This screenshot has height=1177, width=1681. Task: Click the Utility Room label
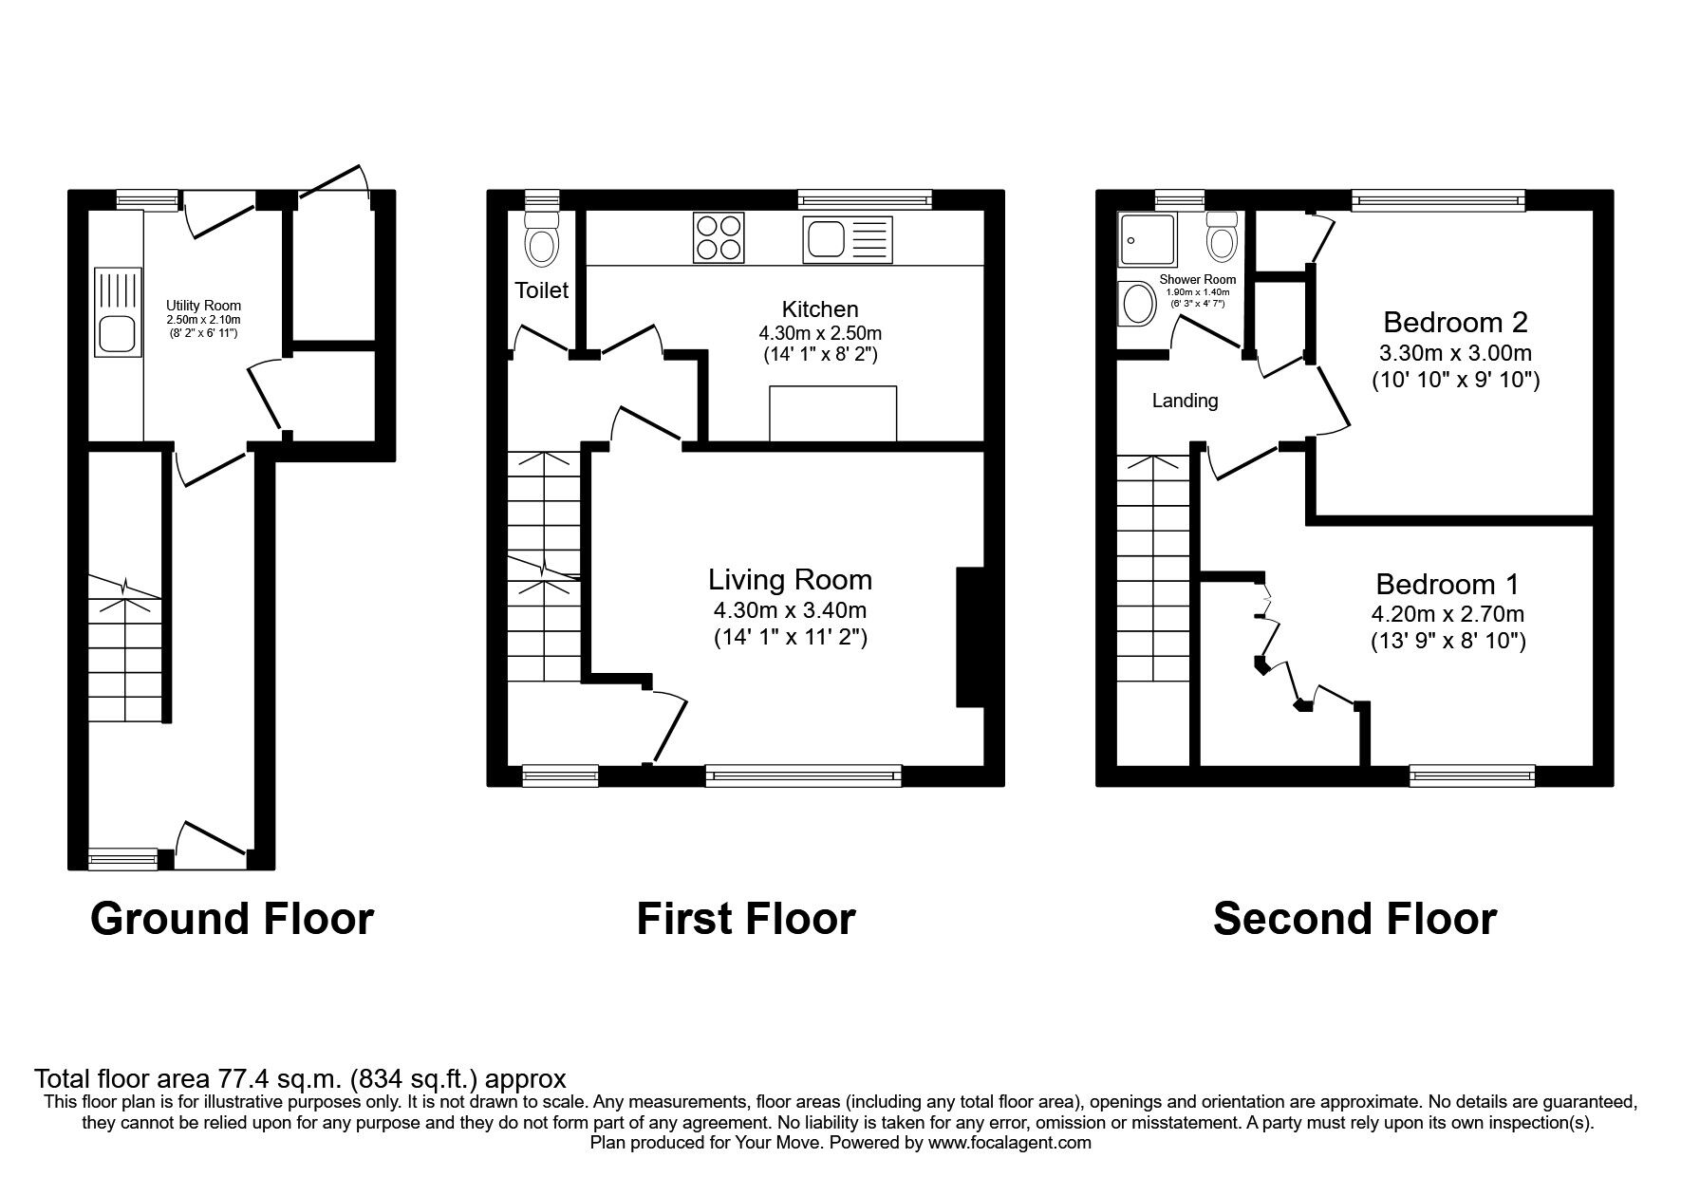click(x=203, y=306)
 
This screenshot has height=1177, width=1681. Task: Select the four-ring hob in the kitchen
click(x=719, y=237)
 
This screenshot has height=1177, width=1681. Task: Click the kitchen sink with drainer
click(x=848, y=238)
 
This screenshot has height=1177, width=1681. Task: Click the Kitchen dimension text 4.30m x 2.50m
click(x=820, y=333)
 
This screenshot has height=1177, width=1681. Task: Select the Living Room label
click(x=790, y=579)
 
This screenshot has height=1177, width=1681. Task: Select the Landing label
click(x=1185, y=401)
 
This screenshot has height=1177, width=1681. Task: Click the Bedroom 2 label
click(x=1455, y=322)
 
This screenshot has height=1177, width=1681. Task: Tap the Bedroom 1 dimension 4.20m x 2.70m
click(x=1448, y=614)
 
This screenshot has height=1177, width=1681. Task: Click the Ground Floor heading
click(x=232, y=919)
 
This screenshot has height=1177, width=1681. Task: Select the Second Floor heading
click(x=1354, y=919)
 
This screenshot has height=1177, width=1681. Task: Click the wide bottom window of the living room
click(x=803, y=776)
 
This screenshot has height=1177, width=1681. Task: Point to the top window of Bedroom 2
click(x=1438, y=199)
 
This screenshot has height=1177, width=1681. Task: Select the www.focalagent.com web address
click(x=1009, y=1143)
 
